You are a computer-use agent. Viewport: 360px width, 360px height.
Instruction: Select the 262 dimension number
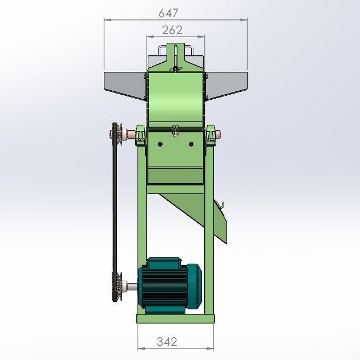(172, 30)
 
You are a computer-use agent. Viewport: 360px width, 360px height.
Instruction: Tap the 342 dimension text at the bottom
(167, 342)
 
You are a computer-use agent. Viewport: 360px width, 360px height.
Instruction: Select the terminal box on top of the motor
(164, 264)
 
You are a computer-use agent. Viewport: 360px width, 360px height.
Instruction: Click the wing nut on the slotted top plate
(176, 69)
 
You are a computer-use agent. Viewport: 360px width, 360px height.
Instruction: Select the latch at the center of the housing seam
(176, 132)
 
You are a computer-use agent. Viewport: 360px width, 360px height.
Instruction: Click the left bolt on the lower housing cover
(160, 143)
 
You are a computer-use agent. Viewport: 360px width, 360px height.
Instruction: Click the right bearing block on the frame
(213, 136)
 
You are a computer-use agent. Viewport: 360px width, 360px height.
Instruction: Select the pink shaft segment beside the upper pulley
(131, 135)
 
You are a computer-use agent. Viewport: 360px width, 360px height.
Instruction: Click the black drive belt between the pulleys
(113, 211)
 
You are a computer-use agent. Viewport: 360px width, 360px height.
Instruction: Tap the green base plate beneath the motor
(176, 318)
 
